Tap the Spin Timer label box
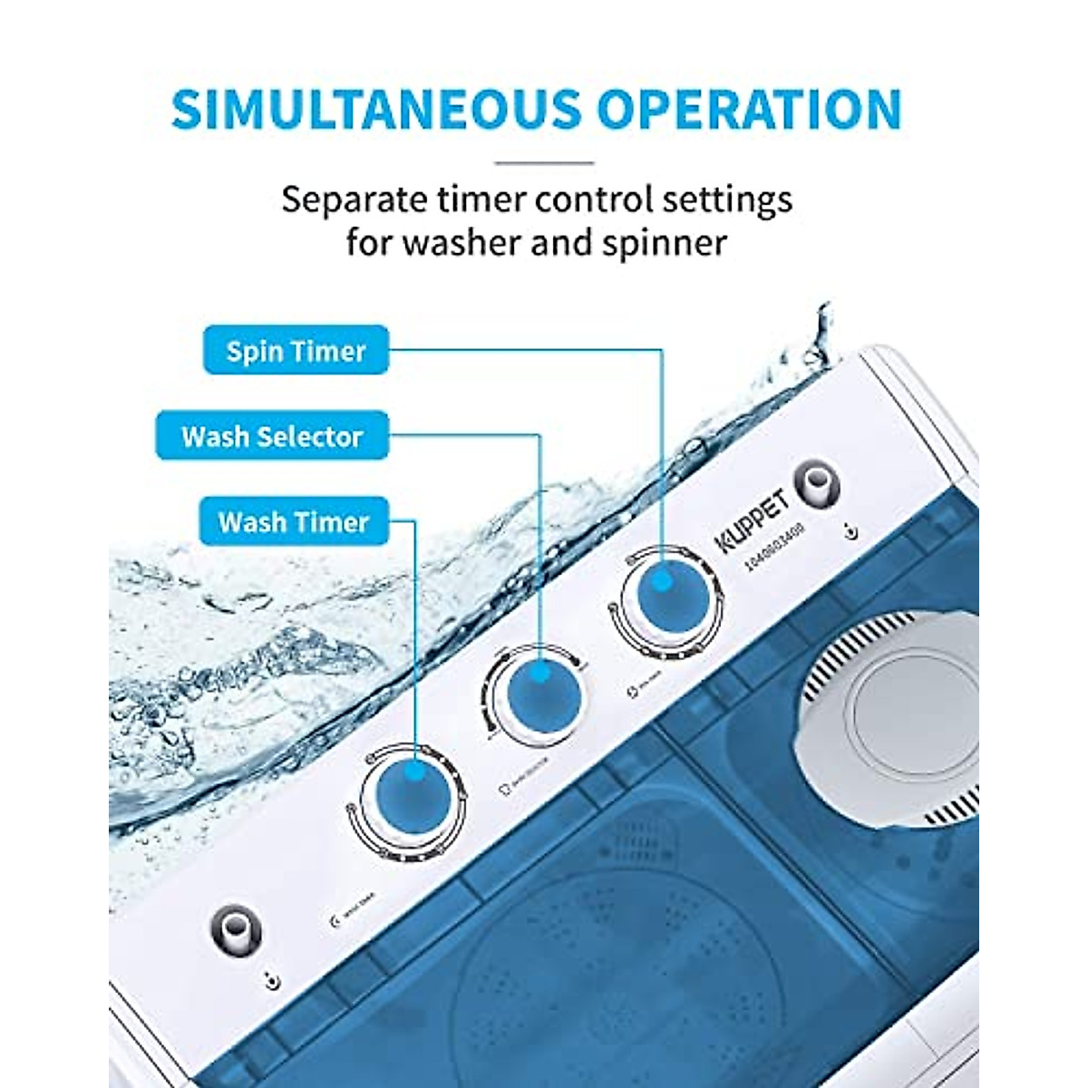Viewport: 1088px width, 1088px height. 296,351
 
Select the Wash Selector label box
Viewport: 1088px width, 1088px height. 272,436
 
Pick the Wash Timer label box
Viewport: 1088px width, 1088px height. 294,522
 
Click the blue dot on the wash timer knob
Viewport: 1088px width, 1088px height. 413,773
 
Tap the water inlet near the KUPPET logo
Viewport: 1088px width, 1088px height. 816,484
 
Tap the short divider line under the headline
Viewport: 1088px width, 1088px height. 544,163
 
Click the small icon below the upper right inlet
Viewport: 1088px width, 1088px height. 850,532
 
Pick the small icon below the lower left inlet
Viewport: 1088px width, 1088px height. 272,981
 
